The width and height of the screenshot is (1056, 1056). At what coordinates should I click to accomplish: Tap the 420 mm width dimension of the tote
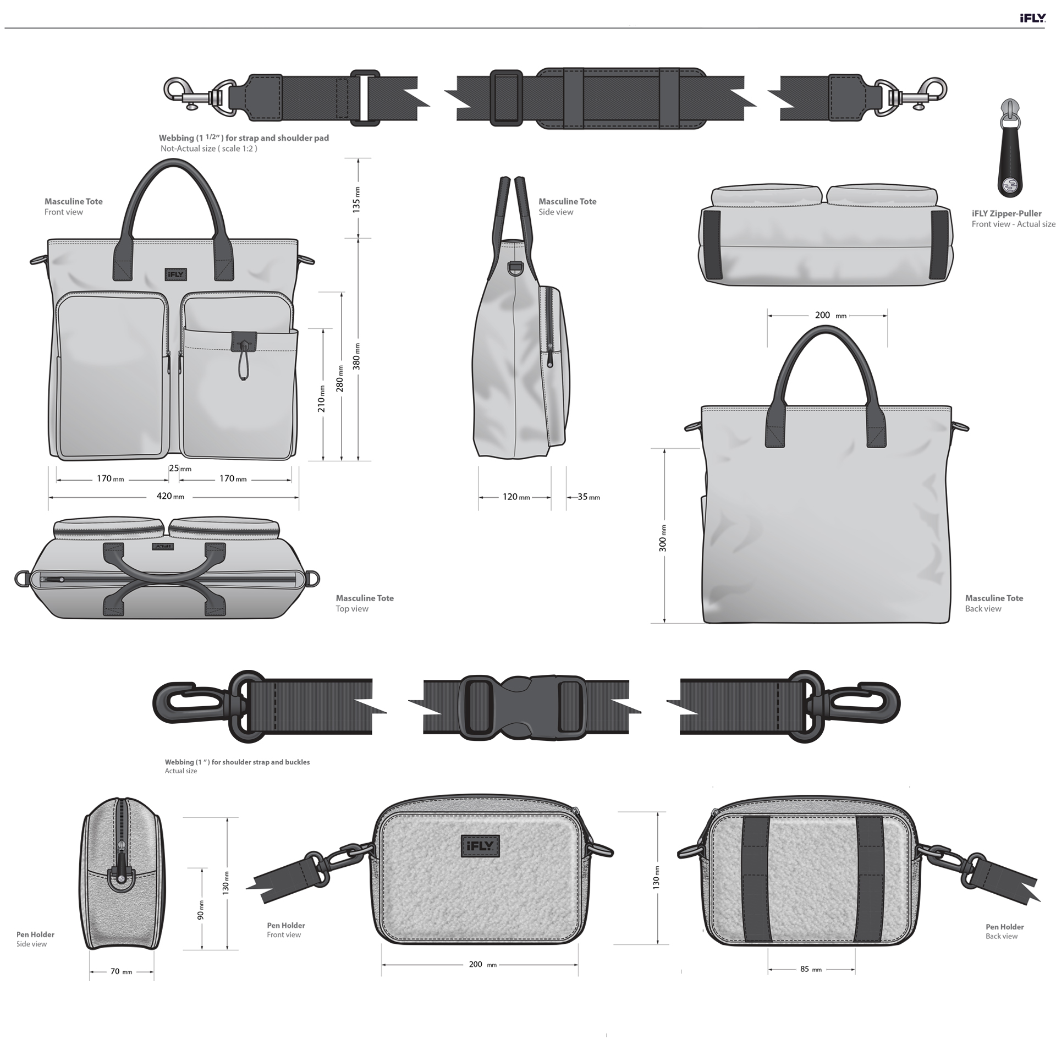coord(170,496)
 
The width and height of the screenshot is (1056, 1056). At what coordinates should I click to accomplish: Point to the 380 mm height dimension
coord(357,356)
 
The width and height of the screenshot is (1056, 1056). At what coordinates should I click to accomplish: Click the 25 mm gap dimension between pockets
coord(180,469)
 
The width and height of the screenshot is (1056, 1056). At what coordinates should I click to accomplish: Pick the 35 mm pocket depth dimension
coord(588,497)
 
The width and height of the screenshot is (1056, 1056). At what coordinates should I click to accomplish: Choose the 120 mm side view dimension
coord(516,497)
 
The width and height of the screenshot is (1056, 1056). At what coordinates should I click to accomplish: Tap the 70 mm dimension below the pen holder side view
coord(121,971)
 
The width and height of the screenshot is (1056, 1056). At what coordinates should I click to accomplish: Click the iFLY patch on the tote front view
coord(175,274)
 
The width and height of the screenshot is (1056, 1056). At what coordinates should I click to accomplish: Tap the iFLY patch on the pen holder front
coord(480,846)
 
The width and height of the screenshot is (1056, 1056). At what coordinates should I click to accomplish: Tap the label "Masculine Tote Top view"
coord(365,603)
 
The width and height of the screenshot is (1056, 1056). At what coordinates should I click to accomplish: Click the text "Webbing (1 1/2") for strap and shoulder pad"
coord(244,137)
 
